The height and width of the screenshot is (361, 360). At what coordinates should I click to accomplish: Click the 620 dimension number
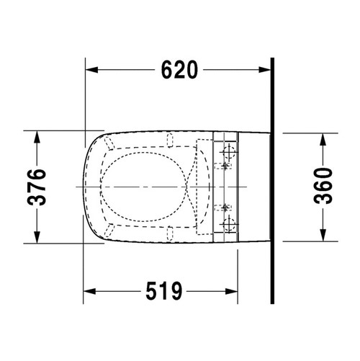point(179,70)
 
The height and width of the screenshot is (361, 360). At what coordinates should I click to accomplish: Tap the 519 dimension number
point(164,291)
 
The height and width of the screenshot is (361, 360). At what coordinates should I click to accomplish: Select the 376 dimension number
point(37,187)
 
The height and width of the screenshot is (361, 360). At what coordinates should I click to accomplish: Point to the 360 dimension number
point(323,186)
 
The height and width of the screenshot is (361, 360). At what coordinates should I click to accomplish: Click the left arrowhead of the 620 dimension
point(91,70)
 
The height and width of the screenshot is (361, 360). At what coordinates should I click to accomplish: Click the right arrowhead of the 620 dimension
point(264,70)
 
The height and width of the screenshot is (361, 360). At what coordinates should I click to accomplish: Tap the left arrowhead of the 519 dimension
point(89,291)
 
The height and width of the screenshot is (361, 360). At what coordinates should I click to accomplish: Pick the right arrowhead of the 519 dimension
point(232,291)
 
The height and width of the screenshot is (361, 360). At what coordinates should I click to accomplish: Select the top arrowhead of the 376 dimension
point(37,137)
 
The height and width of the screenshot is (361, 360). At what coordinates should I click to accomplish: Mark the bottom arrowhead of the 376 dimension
point(37,237)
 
